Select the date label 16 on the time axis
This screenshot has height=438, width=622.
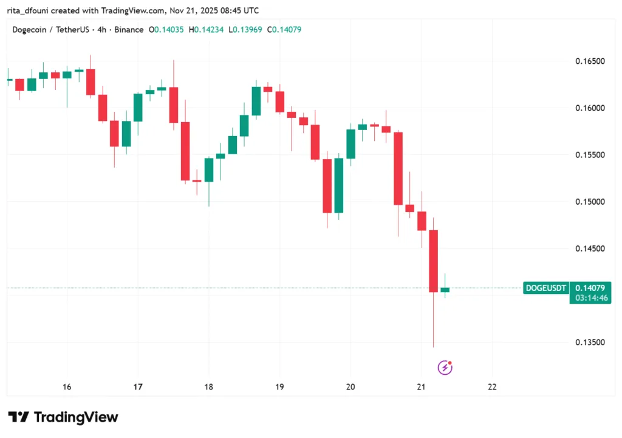click(67, 386)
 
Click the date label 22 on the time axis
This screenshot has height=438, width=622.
click(492, 386)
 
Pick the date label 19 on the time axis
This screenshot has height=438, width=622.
click(279, 386)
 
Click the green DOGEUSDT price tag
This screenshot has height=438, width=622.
click(545, 288)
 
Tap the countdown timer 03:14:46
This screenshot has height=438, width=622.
click(589, 298)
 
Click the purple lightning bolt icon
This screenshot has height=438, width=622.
click(445, 367)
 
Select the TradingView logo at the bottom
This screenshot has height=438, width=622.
click(63, 417)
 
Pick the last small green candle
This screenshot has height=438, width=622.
click(445, 290)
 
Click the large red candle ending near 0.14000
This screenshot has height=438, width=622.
click(434, 261)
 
